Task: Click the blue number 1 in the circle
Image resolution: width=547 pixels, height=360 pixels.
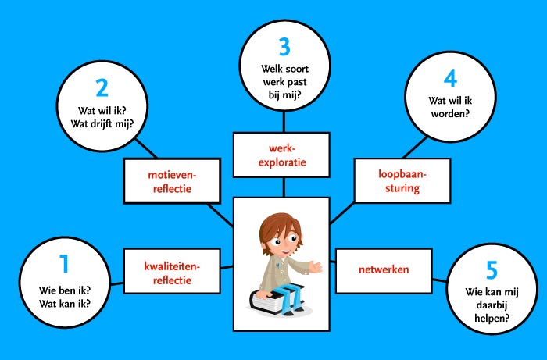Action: pyautogui.click(x=63, y=266)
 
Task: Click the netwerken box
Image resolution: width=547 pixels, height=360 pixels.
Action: pyautogui.click(x=384, y=270)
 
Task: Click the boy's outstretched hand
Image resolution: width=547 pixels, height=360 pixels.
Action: pyautogui.click(x=316, y=266)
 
